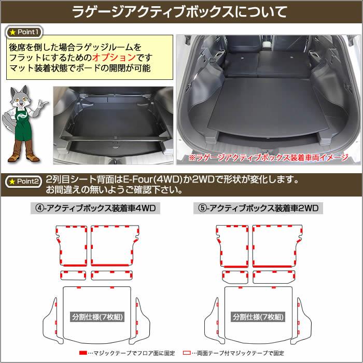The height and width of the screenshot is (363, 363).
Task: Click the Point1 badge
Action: [x=24, y=32]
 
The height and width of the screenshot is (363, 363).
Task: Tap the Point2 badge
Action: [x=23, y=181]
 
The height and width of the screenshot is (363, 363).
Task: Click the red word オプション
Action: [x=114, y=58]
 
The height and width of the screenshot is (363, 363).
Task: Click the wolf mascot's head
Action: [x=20, y=97]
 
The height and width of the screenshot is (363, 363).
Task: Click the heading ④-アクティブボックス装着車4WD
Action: [x=95, y=208]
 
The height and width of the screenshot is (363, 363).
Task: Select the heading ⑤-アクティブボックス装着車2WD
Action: [x=258, y=208]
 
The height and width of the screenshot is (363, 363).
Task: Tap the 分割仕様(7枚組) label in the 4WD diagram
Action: [x=97, y=317]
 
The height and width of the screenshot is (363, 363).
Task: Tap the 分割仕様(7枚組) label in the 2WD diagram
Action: [x=258, y=317]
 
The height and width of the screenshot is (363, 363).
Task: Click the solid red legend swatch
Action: [x=83, y=353]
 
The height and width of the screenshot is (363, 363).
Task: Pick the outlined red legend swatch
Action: [x=187, y=353]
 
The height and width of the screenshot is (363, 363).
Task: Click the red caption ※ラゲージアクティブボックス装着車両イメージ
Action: [x=269, y=158]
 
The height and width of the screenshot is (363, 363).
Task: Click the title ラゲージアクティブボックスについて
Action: [x=179, y=12]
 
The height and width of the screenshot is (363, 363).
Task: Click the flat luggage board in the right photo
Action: [x=269, y=106]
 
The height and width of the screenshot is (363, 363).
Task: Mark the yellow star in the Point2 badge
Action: [x=12, y=182]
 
